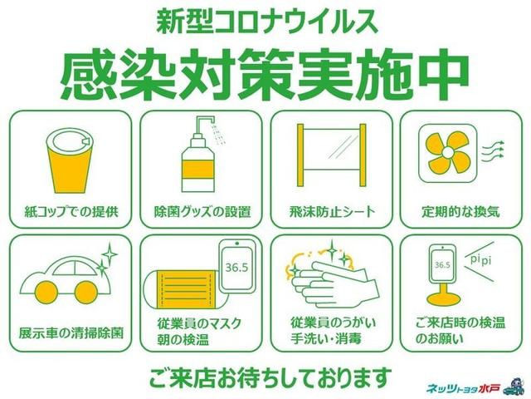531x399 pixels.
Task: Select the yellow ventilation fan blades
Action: [x=448, y=152]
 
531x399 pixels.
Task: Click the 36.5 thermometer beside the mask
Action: [x=237, y=266]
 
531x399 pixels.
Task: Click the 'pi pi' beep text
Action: [x=481, y=260]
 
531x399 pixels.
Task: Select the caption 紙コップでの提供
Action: [x=71, y=212]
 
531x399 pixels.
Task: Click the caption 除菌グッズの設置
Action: [x=202, y=212]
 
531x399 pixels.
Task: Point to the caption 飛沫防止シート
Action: [x=333, y=212]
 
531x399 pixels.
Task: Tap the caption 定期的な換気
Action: [x=460, y=212]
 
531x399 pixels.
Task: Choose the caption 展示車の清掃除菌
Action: [x=71, y=332]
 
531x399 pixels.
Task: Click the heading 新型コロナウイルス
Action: [x=267, y=23]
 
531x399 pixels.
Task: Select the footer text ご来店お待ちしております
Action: [x=270, y=377]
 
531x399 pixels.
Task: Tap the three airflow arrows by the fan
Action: [x=493, y=150]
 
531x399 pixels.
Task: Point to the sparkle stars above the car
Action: [x=107, y=258]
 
